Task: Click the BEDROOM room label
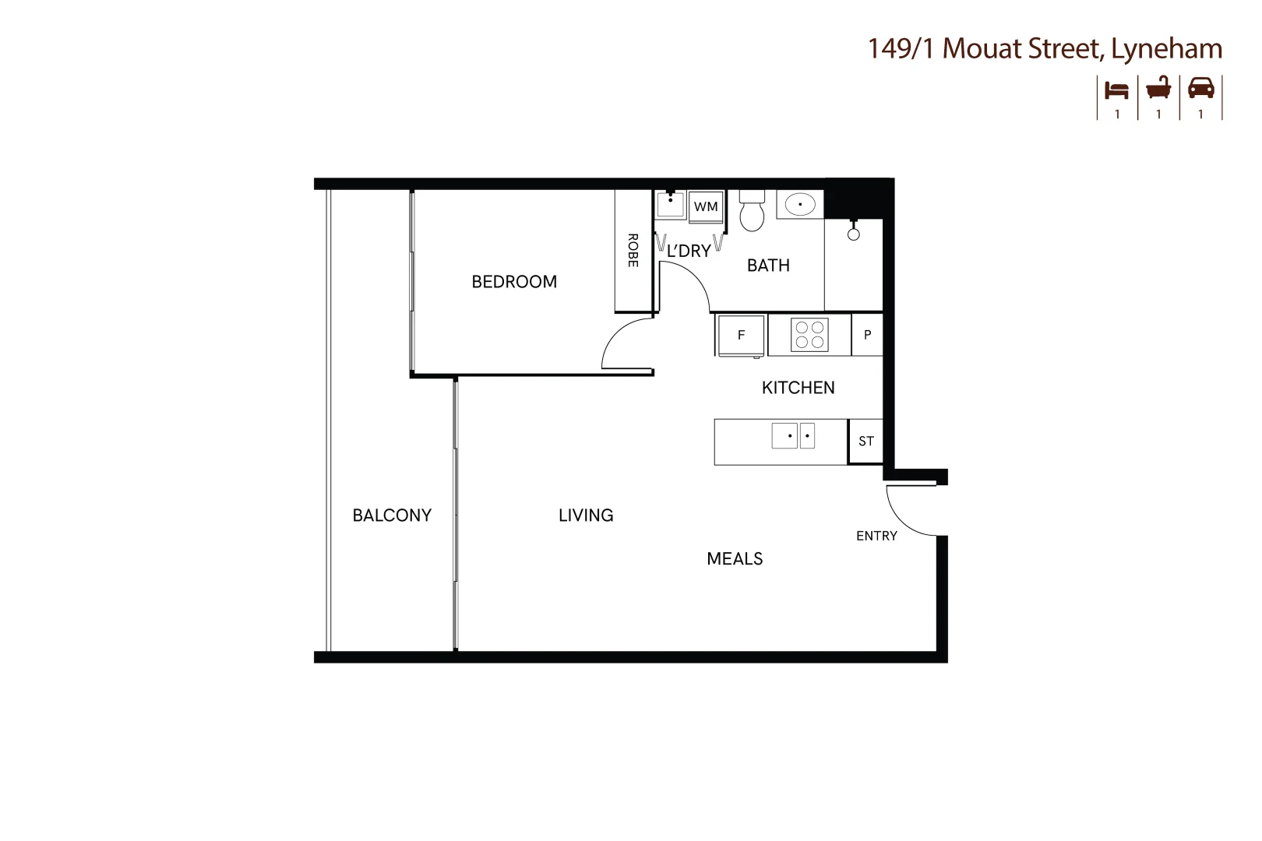point(514,282)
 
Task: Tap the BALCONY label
point(392,516)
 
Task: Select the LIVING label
point(586,516)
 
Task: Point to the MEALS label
point(735,559)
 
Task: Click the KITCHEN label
point(798,388)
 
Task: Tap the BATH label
point(768,266)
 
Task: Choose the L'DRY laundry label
point(689,251)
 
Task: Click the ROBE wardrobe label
point(633,251)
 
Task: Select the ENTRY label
point(876,536)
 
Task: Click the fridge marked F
point(741,335)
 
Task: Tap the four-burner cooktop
point(809,335)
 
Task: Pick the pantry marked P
point(867,335)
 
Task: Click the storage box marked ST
point(865,442)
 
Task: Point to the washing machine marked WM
point(706,207)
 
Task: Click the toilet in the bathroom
point(752,210)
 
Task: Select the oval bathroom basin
point(799,205)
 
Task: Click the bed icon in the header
point(1117,90)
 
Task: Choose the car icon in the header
point(1200,88)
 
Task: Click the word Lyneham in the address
point(1166,49)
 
